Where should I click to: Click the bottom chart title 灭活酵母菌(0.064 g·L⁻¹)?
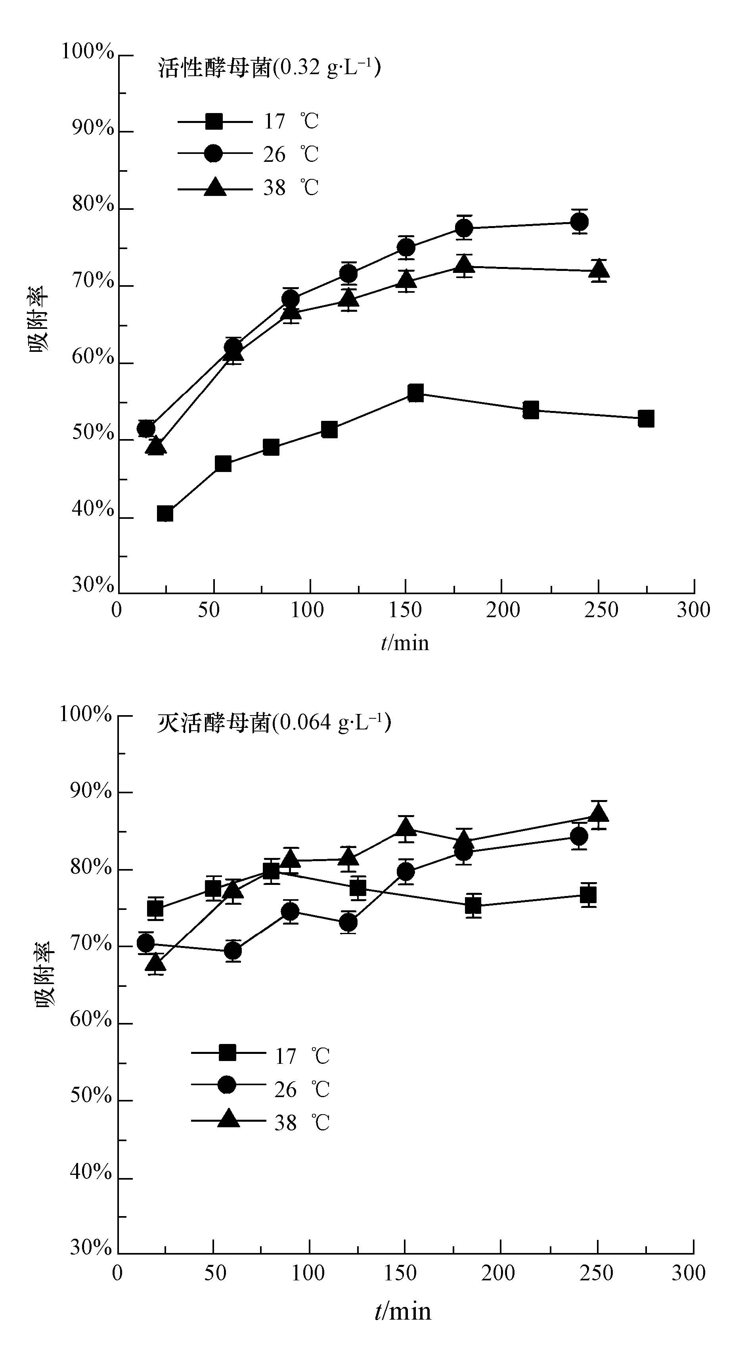point(274,723)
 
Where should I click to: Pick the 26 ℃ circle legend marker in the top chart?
point(213,154)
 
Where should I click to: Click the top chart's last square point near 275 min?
point(646,419)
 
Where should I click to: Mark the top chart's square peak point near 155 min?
point(415,393)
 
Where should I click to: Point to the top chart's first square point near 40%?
point(165,514)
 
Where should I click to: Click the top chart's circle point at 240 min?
point(579,222)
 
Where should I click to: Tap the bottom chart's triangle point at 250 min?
point(599,813)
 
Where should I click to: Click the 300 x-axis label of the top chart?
point(693,610)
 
